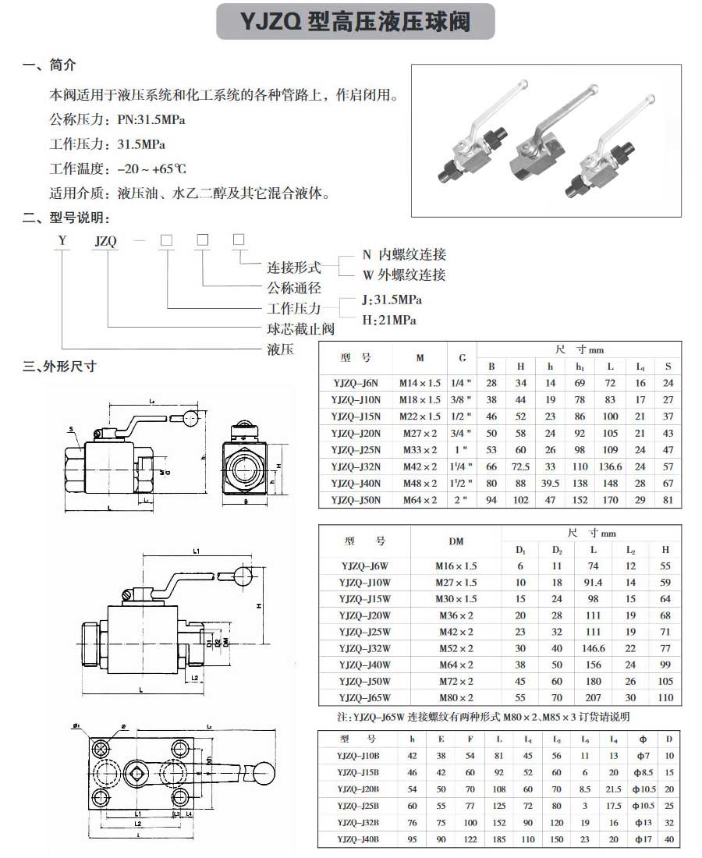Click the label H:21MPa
389,321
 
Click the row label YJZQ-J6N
355,383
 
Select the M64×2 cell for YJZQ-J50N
420,501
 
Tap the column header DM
456,541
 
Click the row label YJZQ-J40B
357,839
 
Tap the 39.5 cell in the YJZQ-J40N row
551,484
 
